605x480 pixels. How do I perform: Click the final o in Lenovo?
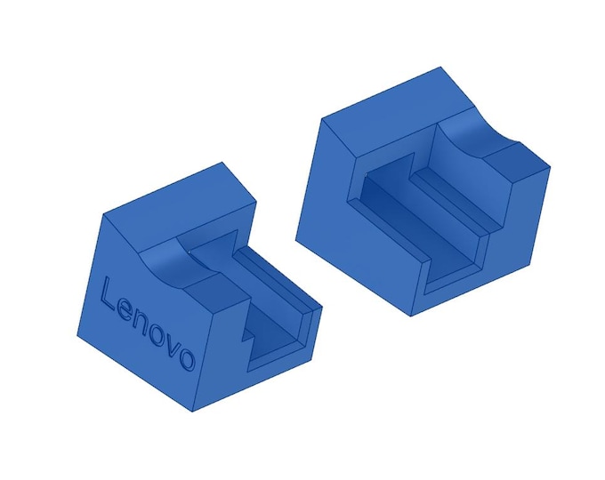coord(186,359)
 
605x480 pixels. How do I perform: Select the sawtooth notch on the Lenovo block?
coord(247,340)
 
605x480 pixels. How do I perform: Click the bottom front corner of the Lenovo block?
coord(195,411)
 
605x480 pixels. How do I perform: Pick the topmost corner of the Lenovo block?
coord(222,164)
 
